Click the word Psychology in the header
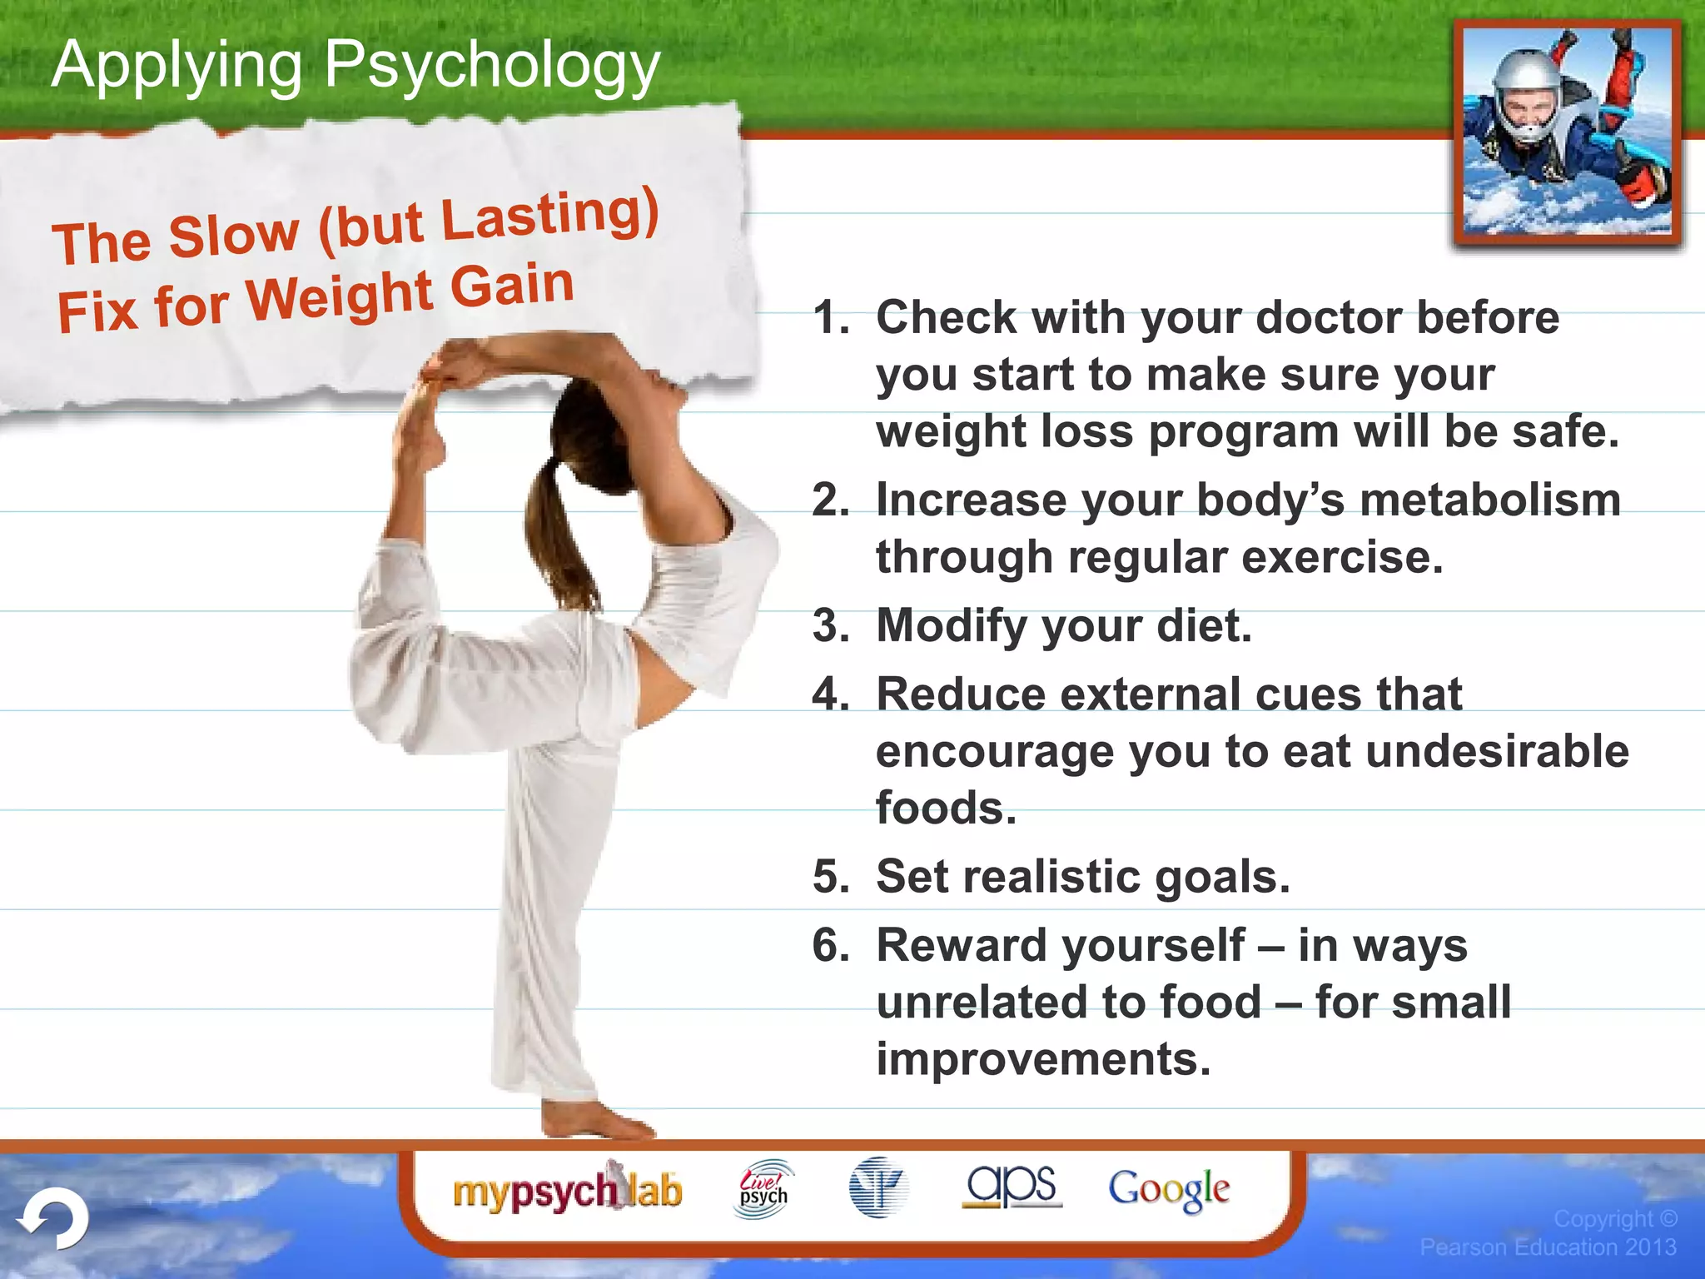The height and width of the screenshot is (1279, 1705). pyautogui.click(x=491, y=67)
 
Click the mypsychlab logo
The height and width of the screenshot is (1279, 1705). pyautogui.click(x=567, y=1191)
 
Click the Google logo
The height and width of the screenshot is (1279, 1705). pyautogui.click(x=1168, y=1189)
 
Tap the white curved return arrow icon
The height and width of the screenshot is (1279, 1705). pyautogui.click(x=55, y=1219)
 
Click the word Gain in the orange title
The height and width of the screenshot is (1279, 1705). pyautogui.click(x=512, y=286)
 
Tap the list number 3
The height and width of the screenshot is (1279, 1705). pyautogui.click(x=830, y=625)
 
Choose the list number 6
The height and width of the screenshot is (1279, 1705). pyautogui.click(x=830, y=946)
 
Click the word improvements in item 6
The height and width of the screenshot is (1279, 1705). pyautogui.click(x=1043, y=1059)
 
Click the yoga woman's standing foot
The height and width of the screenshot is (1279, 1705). pyautogui.click(x=595, y=1121)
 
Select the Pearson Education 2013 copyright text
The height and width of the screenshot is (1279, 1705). pyautogui.click(x=1548, y=1247)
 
